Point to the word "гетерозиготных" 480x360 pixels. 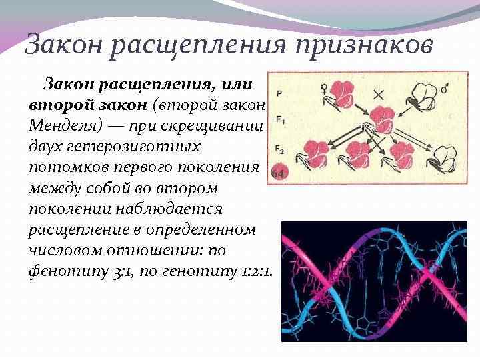click(x=127, y=145)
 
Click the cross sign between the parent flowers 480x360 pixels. click(x=381, y=93)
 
